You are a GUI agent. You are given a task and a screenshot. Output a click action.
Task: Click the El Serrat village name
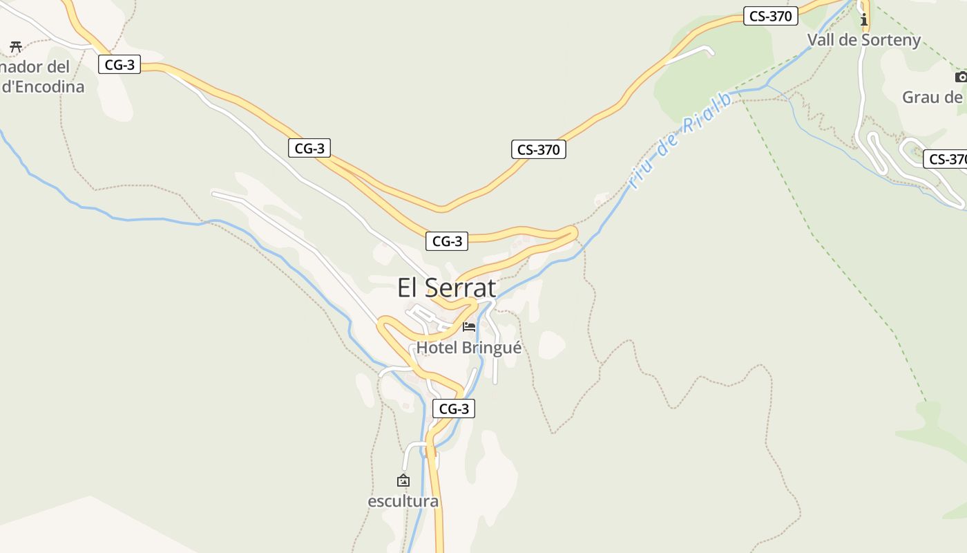click(x=446, y=288)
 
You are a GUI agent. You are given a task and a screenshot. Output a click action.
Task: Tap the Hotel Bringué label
click(x=468, y=347)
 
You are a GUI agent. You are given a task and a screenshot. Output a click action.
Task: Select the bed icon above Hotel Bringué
click(x=469, y=326)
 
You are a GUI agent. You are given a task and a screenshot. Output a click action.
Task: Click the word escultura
click(x=403, y=500)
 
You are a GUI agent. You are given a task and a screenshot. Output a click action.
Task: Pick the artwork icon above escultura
click(x=403, y=480)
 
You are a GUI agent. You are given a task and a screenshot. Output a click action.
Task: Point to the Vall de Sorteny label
click(x=864, y=39)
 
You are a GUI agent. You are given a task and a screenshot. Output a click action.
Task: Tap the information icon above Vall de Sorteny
click(x=863, y=19)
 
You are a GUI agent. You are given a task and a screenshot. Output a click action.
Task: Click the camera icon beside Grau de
click(x=961, y=77)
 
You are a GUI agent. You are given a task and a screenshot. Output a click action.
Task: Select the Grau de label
click(x=932, y=97)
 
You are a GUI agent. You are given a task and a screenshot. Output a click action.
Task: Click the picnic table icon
click(x=16, y=47)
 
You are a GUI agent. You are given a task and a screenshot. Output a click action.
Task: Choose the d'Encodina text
click(x=43, y=86)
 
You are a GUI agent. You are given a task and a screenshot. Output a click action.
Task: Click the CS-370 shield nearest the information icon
click(x=770, y=16)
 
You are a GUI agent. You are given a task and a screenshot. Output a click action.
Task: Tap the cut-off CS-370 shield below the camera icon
click(x=946, y=159)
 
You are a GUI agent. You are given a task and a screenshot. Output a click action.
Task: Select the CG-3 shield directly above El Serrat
click(x=447, y=241)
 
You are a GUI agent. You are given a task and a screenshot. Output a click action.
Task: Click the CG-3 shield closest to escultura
click(x=454, y=409)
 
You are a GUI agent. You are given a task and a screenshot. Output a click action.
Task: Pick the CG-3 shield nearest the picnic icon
click(x=119, y=65)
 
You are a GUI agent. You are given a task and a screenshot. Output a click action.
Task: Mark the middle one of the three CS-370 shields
click(x=538, y=149)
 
